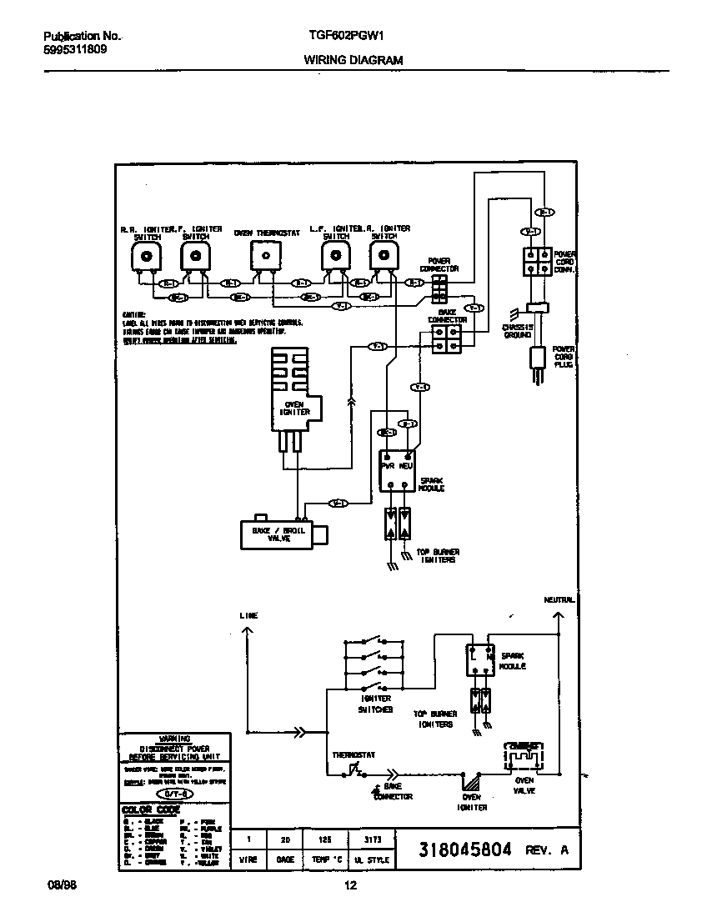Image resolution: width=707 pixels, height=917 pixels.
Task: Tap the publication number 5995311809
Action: coord(74,49)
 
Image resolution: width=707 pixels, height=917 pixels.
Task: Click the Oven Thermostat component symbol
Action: coord(266,255)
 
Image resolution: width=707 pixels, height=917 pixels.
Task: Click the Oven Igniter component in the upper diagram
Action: coord(292,392)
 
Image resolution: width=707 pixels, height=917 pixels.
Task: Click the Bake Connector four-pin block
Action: coord(447,338)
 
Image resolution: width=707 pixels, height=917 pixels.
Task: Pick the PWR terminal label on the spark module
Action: coord(388,467)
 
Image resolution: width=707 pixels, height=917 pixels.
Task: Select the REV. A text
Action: coord(547,851)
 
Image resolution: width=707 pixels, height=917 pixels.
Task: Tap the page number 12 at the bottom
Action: coord(351,886)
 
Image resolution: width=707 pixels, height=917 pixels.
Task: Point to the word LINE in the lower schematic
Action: coord(248,615)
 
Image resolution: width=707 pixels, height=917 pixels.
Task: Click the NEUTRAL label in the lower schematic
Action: coord(559,599)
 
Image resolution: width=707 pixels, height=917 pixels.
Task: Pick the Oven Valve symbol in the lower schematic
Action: coord(524,756)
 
